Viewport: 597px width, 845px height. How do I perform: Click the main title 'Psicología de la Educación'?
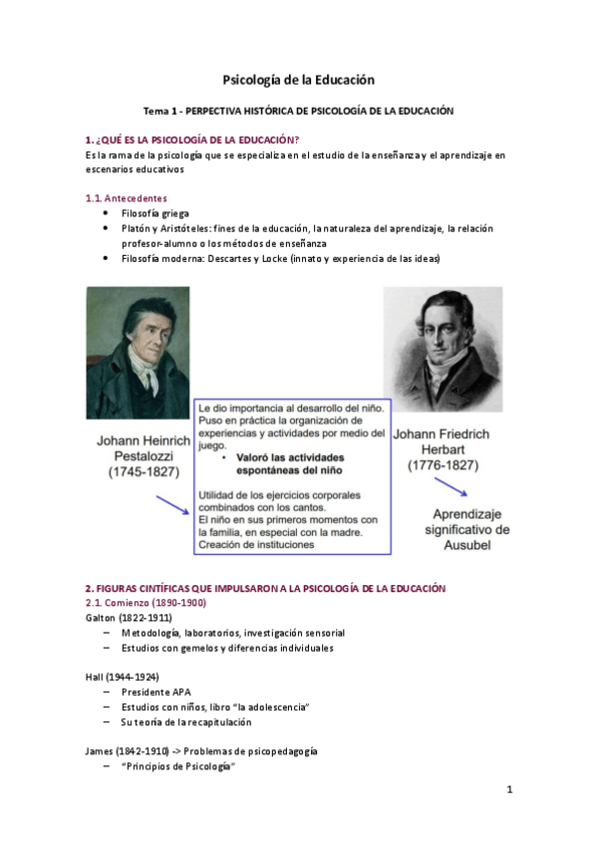point(298,80)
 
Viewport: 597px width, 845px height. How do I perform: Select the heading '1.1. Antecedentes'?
point(126,198)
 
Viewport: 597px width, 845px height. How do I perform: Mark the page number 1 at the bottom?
point(508,790)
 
